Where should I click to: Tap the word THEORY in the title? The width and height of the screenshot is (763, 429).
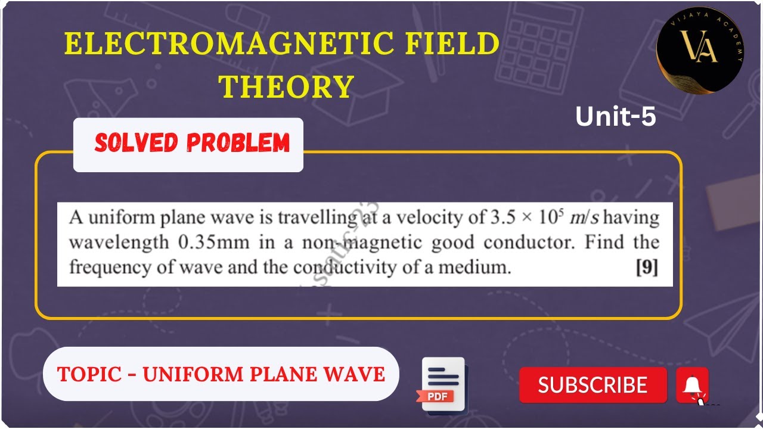[x=287, y=87]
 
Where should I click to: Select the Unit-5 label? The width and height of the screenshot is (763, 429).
[x=615, y=117]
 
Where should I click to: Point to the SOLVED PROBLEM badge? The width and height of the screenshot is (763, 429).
[x=192, y=144]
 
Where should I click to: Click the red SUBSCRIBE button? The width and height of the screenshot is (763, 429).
[x=593, y=385]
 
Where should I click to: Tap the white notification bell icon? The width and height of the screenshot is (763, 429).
[x=692, y=385]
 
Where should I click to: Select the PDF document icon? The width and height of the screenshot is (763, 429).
[x=442, y=384]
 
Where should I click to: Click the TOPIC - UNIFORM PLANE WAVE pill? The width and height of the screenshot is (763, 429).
[x=221, y=374]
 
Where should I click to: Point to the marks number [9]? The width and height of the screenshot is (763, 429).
[x=647, y=268]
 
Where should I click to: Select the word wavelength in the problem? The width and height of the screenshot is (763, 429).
[x=119, y=243]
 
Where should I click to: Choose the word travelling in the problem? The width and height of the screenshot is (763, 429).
[x=314, y=218]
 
